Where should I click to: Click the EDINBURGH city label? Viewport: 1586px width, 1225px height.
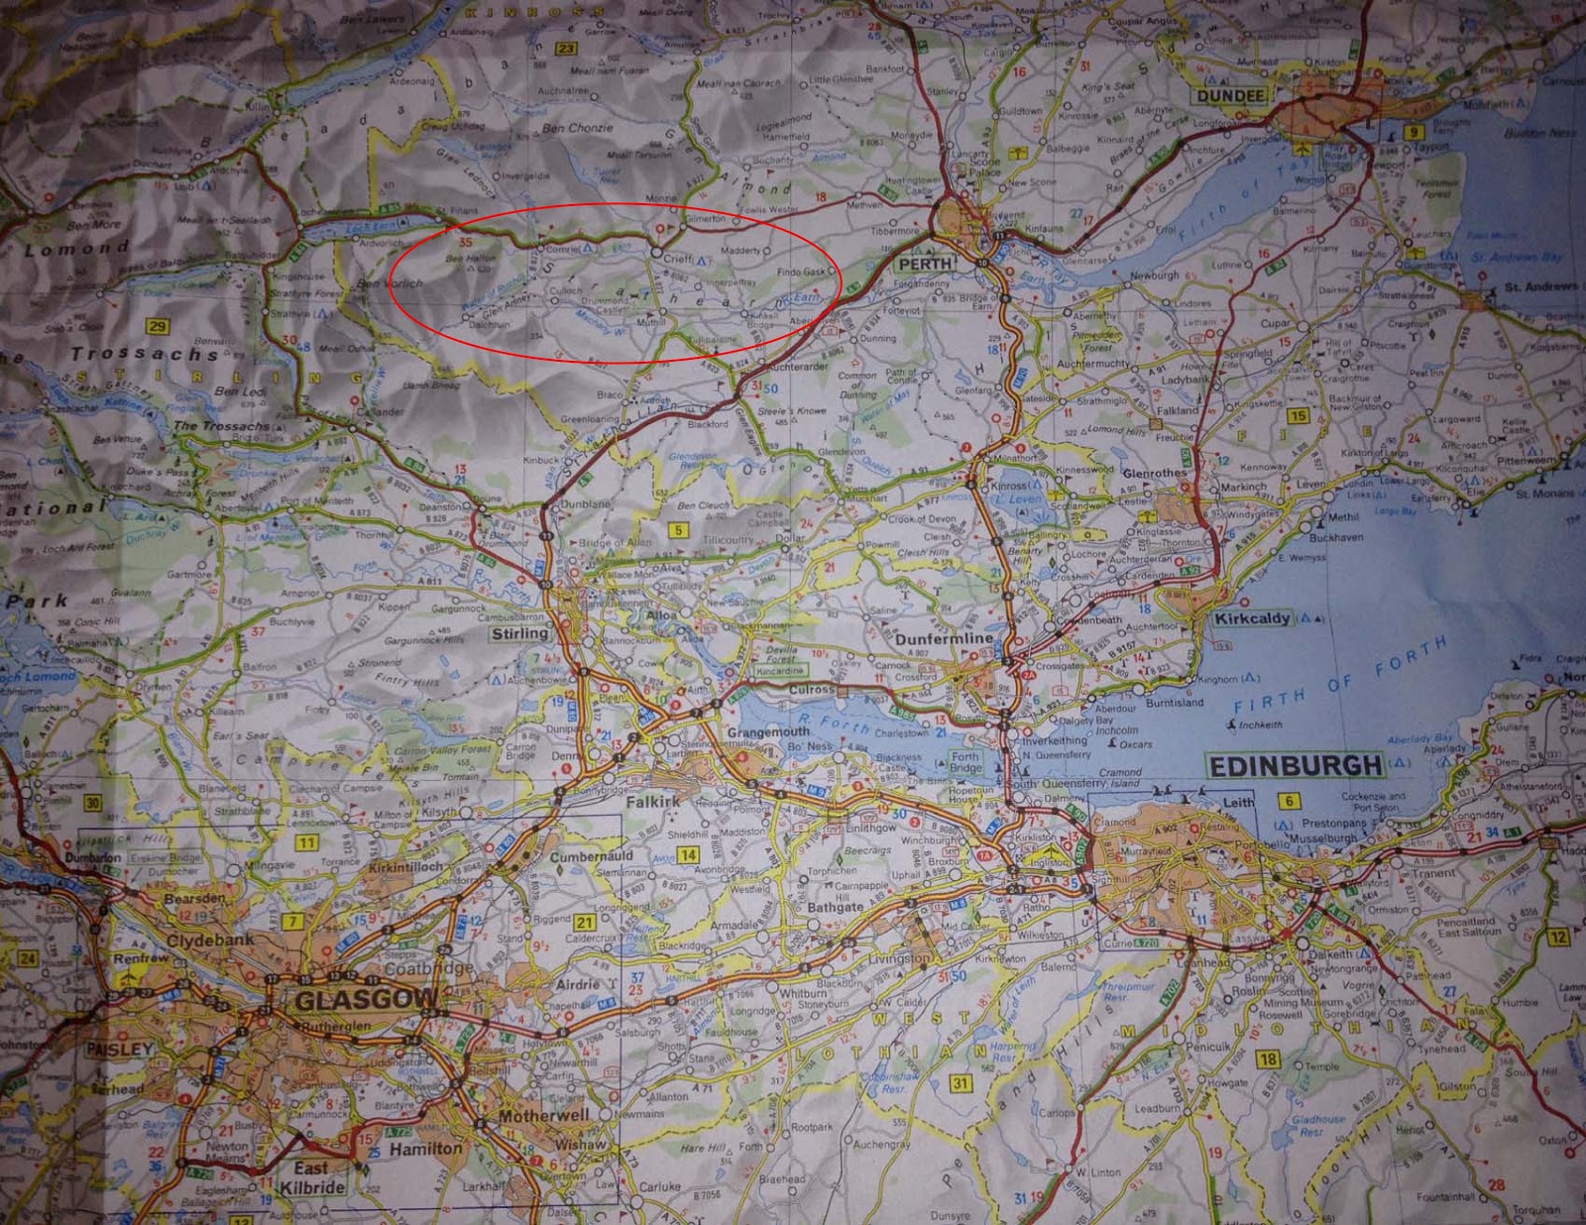(1296, 766)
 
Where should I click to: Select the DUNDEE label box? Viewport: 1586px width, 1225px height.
(1231, 96)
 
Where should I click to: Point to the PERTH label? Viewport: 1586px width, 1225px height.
(925, 264)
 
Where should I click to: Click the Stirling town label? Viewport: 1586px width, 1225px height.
(519, 633)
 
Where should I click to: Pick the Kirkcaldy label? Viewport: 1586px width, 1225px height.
(1253, 618)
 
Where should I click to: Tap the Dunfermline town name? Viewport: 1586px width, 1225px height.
(943, 639)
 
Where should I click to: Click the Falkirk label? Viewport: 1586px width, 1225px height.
(653, 801)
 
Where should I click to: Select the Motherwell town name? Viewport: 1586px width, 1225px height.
(543, 1116)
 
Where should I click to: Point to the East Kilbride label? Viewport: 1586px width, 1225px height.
(311, 1177)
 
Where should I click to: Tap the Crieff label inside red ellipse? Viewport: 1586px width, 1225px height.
(678, 259)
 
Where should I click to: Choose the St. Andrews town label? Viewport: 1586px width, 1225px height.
(1540, 286)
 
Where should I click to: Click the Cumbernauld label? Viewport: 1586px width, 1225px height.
(591, 856)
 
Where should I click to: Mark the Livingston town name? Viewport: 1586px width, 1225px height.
(900, 958)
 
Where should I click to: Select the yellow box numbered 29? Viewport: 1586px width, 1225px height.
(157, 326)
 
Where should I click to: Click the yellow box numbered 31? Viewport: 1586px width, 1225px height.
(960, 1083)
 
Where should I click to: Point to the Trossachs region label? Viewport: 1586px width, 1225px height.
(144, 354)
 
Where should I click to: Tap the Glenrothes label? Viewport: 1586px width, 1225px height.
(1154, 474)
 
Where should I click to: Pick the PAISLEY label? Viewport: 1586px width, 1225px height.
(120, 1049)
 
